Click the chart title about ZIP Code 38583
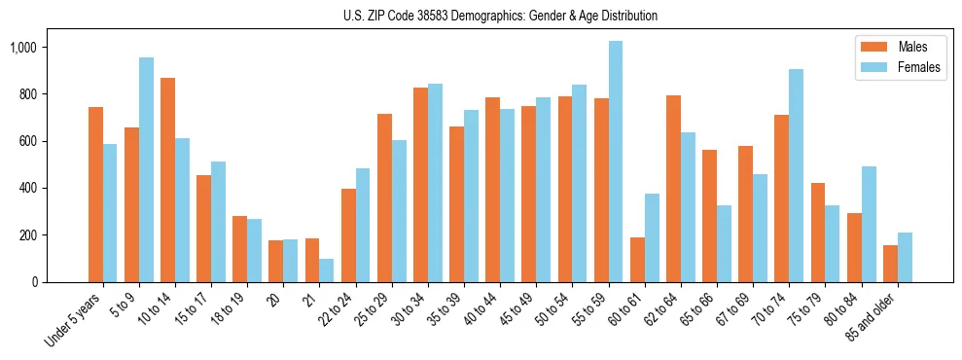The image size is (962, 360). click(x=500, y=16)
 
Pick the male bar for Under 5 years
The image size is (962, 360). click(x=95, y=195)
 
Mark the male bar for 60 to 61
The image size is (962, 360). click(x=637, y=260)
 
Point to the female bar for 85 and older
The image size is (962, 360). click(x=905, y=258)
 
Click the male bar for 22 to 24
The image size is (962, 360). click(x=348, y=235)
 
